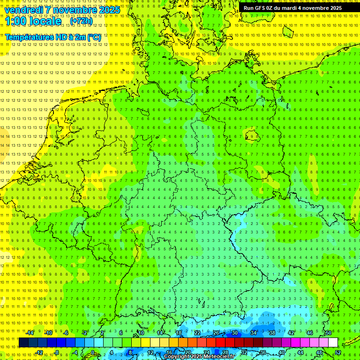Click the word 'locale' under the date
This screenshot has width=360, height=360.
click(45, 21)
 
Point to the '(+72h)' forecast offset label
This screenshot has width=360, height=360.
click(81, 21)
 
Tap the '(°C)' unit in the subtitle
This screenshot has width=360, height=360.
click(94, 37)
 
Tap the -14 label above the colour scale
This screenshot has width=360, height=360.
click(30, 333)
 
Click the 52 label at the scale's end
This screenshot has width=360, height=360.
click(338, 352)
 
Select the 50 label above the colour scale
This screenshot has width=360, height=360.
click(329, 333)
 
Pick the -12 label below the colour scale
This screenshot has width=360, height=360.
click(39, 352)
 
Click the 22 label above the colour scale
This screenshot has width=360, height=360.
click(197, 333)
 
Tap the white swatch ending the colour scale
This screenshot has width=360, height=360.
click(333, 343)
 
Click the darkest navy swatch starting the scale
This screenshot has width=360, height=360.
click(23, 343)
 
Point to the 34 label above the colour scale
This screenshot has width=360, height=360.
click(254, 333)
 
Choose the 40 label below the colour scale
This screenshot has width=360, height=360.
click(282, 352)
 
